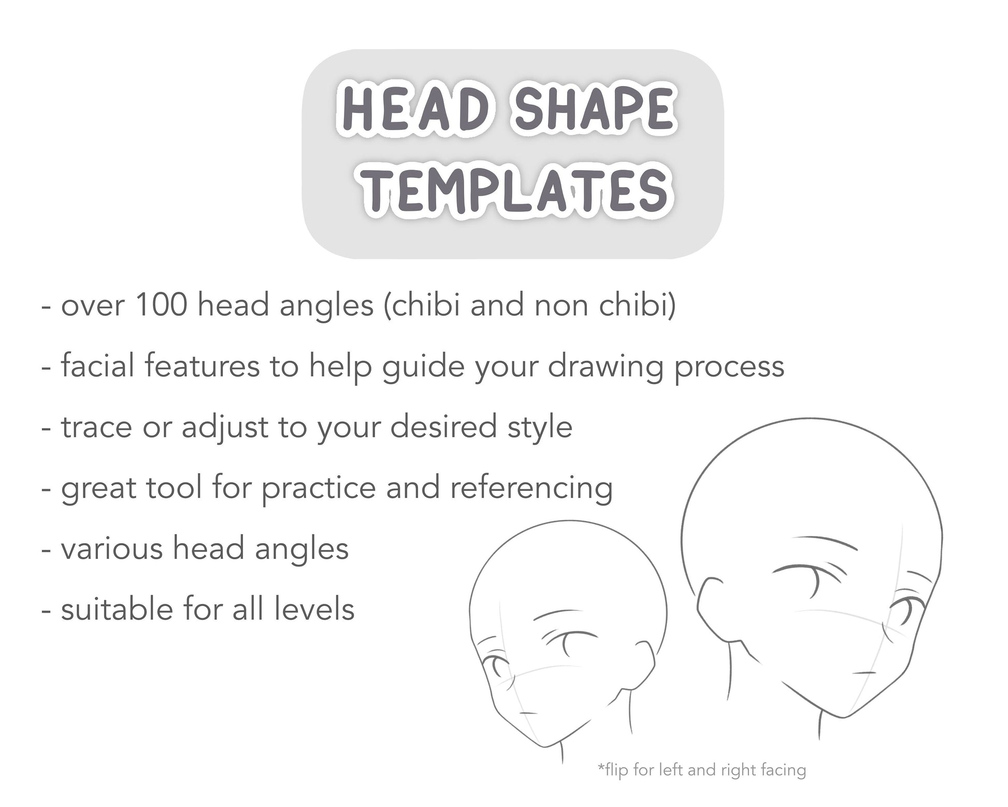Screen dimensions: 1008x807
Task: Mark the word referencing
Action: click(x=531, y=488)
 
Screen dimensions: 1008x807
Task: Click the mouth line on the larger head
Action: click(x=865, y=673)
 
